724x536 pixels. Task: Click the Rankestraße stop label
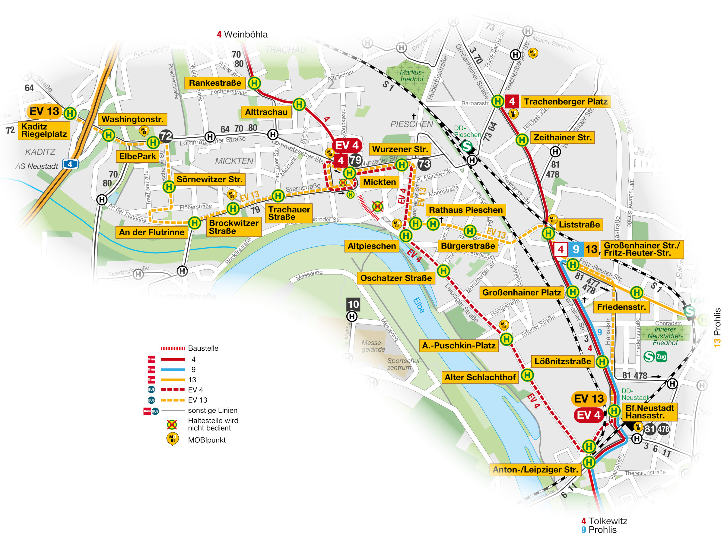point(215,83)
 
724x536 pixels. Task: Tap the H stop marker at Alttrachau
point(299,105)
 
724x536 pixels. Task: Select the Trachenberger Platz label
point(566,102)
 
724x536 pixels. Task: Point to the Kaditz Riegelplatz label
point(44,130)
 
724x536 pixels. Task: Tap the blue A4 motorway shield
point(70,164)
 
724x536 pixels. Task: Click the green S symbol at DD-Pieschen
point(466,146)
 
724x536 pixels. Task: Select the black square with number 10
point(353,304)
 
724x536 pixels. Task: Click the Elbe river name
point(419,305)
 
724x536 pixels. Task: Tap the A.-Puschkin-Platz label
point(459,346)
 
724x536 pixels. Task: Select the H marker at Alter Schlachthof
point(527,375)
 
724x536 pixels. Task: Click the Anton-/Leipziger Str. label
point(535,469)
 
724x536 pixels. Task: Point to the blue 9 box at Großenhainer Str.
point(576,249)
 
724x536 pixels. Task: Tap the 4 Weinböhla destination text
point(242,34)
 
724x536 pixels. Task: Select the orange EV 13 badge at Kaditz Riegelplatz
point(44,111)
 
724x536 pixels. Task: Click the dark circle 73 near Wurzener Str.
point(424,164)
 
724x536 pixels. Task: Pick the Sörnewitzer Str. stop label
point(209,180)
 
